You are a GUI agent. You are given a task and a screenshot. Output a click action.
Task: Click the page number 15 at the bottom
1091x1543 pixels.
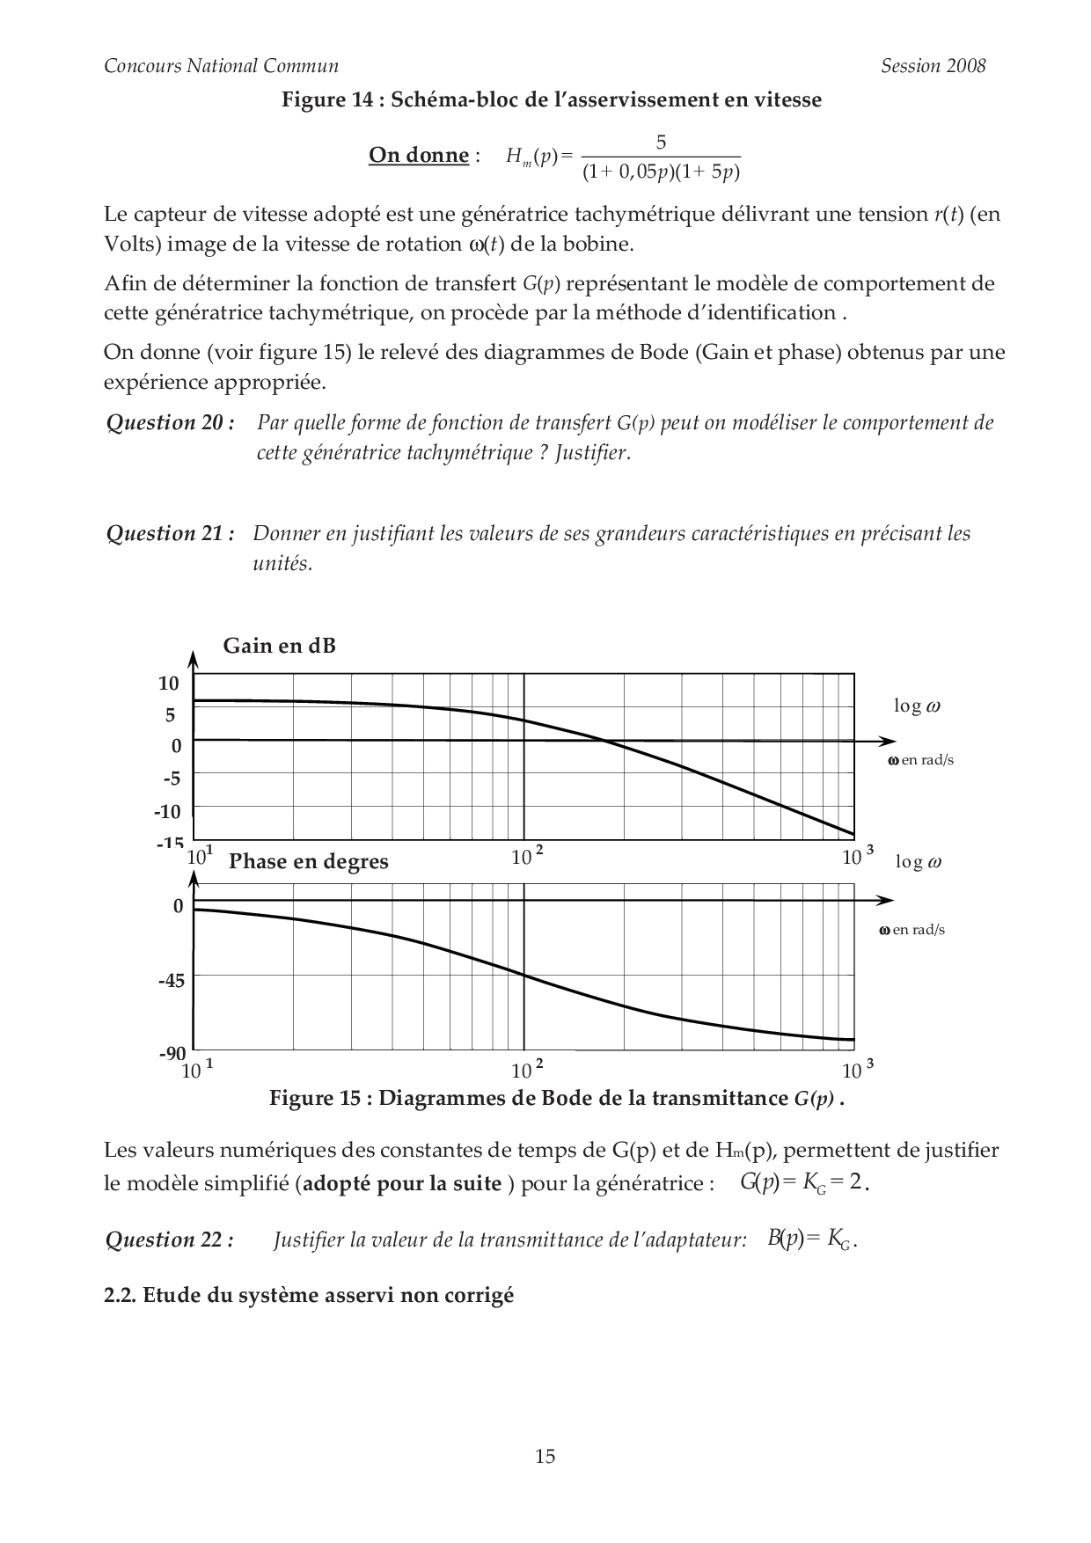coord(545,1456)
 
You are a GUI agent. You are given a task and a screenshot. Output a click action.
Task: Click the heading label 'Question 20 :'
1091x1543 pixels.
coord(171,423)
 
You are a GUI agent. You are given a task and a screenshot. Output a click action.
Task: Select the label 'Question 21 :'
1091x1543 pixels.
coord(171,534)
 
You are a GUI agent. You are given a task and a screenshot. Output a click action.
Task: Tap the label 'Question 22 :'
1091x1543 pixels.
coord(170,1240)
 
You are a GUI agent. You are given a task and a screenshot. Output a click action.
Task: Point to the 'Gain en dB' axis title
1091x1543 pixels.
coord(279,646)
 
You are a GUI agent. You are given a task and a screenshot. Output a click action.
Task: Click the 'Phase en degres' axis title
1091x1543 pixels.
coord(308,861)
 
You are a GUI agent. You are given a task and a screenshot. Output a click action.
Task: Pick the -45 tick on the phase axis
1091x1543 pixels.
coord(172,980)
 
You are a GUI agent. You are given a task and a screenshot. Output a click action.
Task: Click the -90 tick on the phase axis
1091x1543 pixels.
coord(172,1053)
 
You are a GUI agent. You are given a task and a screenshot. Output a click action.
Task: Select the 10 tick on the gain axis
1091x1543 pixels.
coord(169,684)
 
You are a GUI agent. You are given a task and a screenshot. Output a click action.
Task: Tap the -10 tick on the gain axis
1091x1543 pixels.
coord(167,811)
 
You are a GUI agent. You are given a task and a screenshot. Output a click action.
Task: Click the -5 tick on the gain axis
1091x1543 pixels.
coord(171,779)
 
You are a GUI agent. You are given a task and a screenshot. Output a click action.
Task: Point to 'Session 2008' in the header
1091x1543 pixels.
coord(933,66)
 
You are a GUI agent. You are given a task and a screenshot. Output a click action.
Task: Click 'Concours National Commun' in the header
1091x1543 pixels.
coord(221,66)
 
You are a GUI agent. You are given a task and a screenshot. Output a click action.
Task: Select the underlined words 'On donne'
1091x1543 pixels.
coord(418,156)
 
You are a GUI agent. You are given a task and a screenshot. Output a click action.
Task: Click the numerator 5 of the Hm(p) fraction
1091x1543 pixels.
coord(661,143)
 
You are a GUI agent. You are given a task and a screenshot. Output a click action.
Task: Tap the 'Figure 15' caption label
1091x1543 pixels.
coord(320,1098)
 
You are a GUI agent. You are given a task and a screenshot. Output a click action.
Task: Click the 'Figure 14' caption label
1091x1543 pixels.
coord(332,100)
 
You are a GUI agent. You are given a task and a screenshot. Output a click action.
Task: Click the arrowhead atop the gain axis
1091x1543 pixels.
coord(194,657)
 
